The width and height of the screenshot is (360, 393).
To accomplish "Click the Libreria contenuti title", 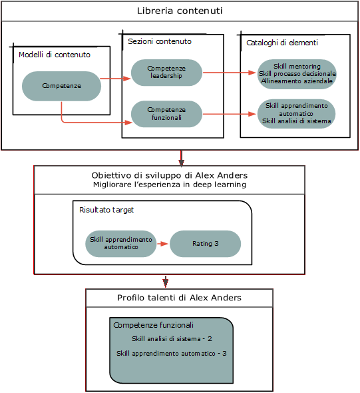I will click(x=180, y=11).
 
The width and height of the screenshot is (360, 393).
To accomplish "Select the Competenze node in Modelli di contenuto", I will click(x=61, y=86).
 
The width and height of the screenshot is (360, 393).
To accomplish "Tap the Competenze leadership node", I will click(x=166, y=72).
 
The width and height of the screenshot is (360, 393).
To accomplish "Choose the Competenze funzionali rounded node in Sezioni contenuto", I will click(x=166, y=113).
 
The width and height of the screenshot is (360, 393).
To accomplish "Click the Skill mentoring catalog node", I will click(x=297, y=73).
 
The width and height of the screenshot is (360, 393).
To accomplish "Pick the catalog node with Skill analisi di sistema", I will click(x=296, y=113).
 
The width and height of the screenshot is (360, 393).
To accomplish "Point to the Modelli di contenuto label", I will click(x=55, y=55).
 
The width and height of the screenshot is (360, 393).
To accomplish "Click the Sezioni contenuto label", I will click(x=160, y=41).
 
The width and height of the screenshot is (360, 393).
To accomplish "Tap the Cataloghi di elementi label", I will click(x=281, y=43).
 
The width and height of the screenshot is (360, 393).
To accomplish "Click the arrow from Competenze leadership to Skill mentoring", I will click(x=229, y=72).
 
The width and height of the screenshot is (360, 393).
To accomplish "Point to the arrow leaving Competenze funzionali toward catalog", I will click(x=229, y=114).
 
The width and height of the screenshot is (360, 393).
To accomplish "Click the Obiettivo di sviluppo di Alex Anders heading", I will click(x=180, y=175).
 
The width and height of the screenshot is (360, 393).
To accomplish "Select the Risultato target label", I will click(x=106, y=210).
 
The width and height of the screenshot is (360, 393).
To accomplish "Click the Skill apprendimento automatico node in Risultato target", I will click(x=120, y=243).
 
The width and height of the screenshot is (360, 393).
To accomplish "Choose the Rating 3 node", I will click(x=205, y=244).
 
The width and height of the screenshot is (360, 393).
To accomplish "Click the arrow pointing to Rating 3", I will click(x=162, y=244).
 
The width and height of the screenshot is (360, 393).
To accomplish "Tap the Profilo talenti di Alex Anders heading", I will click(x=179, y=298).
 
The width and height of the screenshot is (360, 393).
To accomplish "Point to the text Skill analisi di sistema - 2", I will click(x=172, y=339).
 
